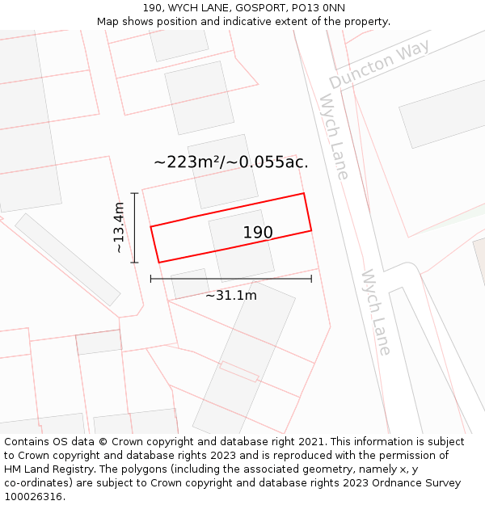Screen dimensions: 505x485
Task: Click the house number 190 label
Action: (258, 233)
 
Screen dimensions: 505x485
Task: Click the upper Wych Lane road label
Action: (334, 136)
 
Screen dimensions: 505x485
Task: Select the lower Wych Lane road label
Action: (377, 312)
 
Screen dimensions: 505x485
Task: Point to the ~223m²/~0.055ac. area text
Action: (231, 162)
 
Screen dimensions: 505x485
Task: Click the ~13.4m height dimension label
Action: (119, 228)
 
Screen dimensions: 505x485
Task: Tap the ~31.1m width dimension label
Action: (230, 295)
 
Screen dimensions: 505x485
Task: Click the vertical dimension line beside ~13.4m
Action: (135, 228)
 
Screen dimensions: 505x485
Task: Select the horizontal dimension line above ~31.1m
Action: (230, 280)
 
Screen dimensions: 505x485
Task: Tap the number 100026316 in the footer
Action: (32, 496)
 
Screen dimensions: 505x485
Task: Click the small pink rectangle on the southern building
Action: (238, 372)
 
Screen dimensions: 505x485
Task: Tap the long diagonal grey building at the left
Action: (67, 259)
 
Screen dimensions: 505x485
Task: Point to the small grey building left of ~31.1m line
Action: (189, 284)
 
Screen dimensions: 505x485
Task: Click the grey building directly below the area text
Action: (222, 170)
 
